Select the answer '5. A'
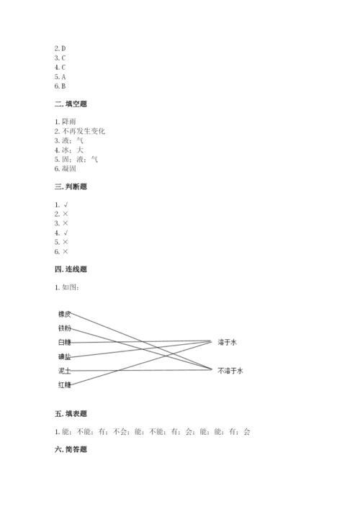tap(60, 76)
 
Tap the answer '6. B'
tap(60, 86)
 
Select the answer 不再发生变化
tap(84, 131)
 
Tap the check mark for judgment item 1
tap(66, 204)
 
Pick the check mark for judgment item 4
tap(66, 233)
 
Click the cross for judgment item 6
tap(66, 251)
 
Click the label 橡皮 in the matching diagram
tap(65, 314)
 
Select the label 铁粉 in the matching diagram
tap(65, 328)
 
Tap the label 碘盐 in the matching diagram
tap(65, 356)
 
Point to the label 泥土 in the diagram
tap(65, 371)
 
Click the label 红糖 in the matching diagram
tap(65, 385)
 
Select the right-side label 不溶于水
tap(230, 370)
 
